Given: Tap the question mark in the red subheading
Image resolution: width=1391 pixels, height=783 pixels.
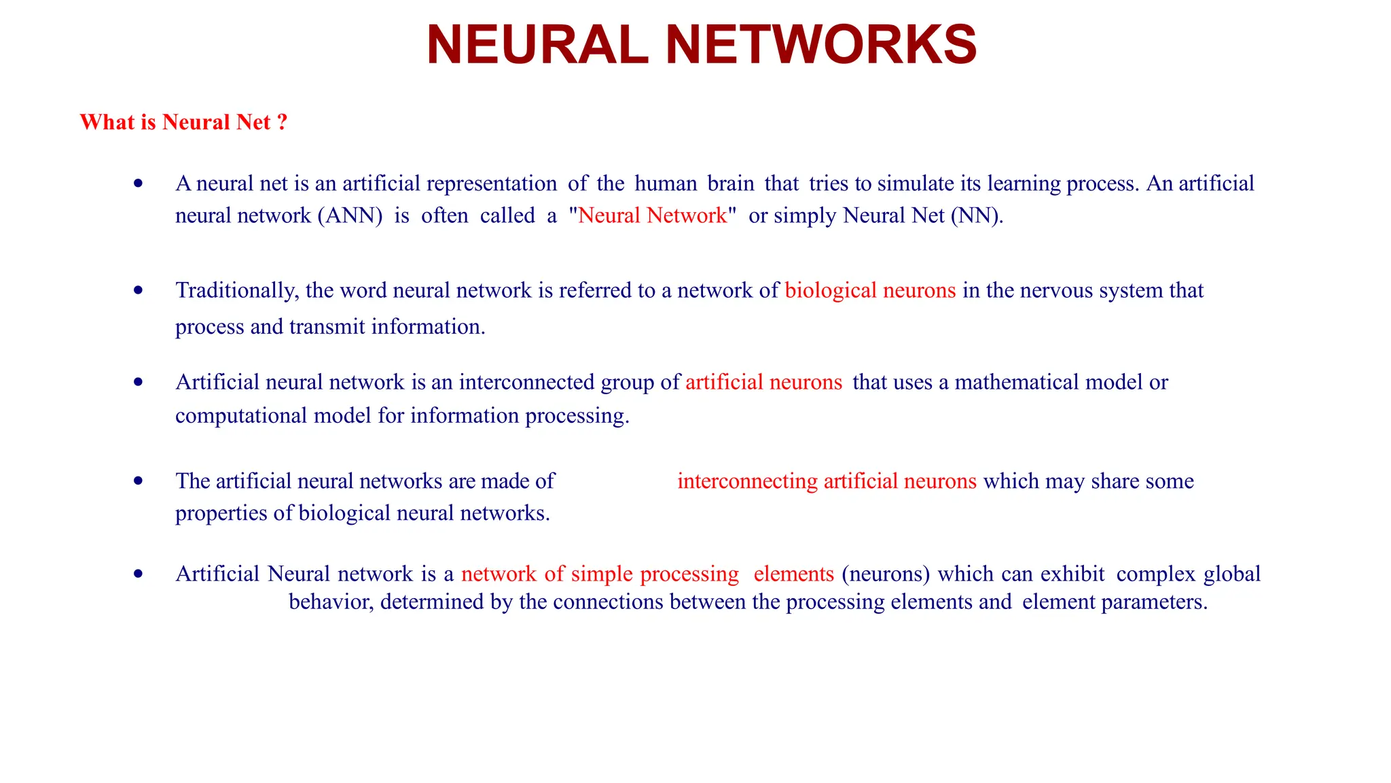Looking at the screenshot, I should pos(282,122).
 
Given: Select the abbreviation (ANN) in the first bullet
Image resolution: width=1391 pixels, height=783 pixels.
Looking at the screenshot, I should pos(350,215).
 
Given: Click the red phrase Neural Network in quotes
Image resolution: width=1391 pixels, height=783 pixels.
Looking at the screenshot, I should pos(652,215).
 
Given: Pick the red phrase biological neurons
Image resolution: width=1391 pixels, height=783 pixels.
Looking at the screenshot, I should pos(870,291).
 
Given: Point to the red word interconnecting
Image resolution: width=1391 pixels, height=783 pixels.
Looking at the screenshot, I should pos(747,481).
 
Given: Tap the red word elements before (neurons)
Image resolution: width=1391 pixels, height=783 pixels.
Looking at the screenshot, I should pos(793,574).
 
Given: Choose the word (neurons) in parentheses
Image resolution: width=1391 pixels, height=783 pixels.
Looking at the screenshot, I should pos(886,574).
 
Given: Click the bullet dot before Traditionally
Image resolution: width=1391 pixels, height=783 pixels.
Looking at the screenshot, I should pos(139,290).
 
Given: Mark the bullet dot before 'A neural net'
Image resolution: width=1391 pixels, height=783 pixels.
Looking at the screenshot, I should pos(139,183).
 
